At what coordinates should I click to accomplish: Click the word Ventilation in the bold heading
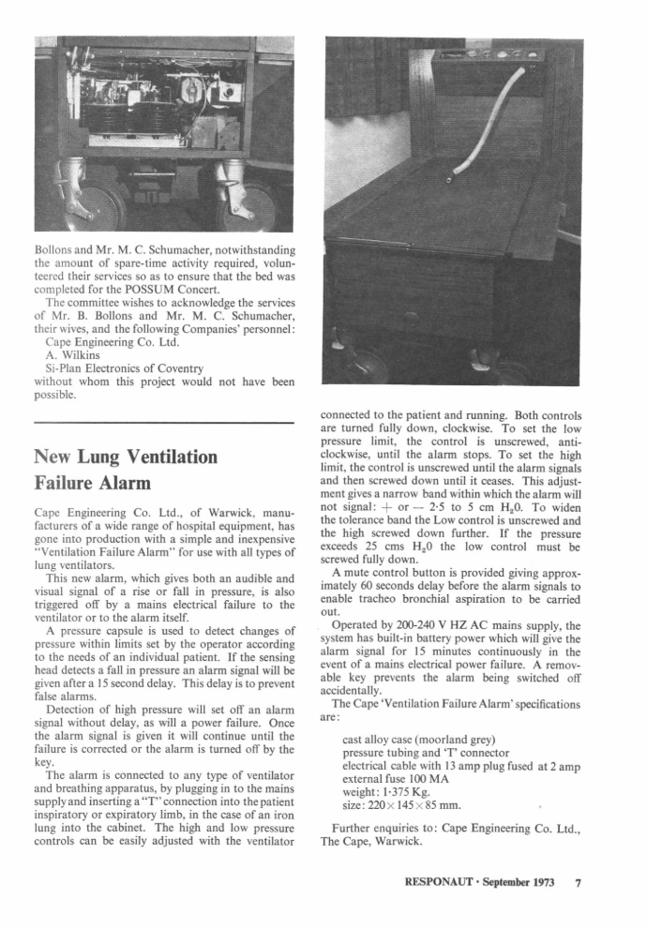click(154, 457)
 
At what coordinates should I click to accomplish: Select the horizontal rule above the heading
click(163, 425)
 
